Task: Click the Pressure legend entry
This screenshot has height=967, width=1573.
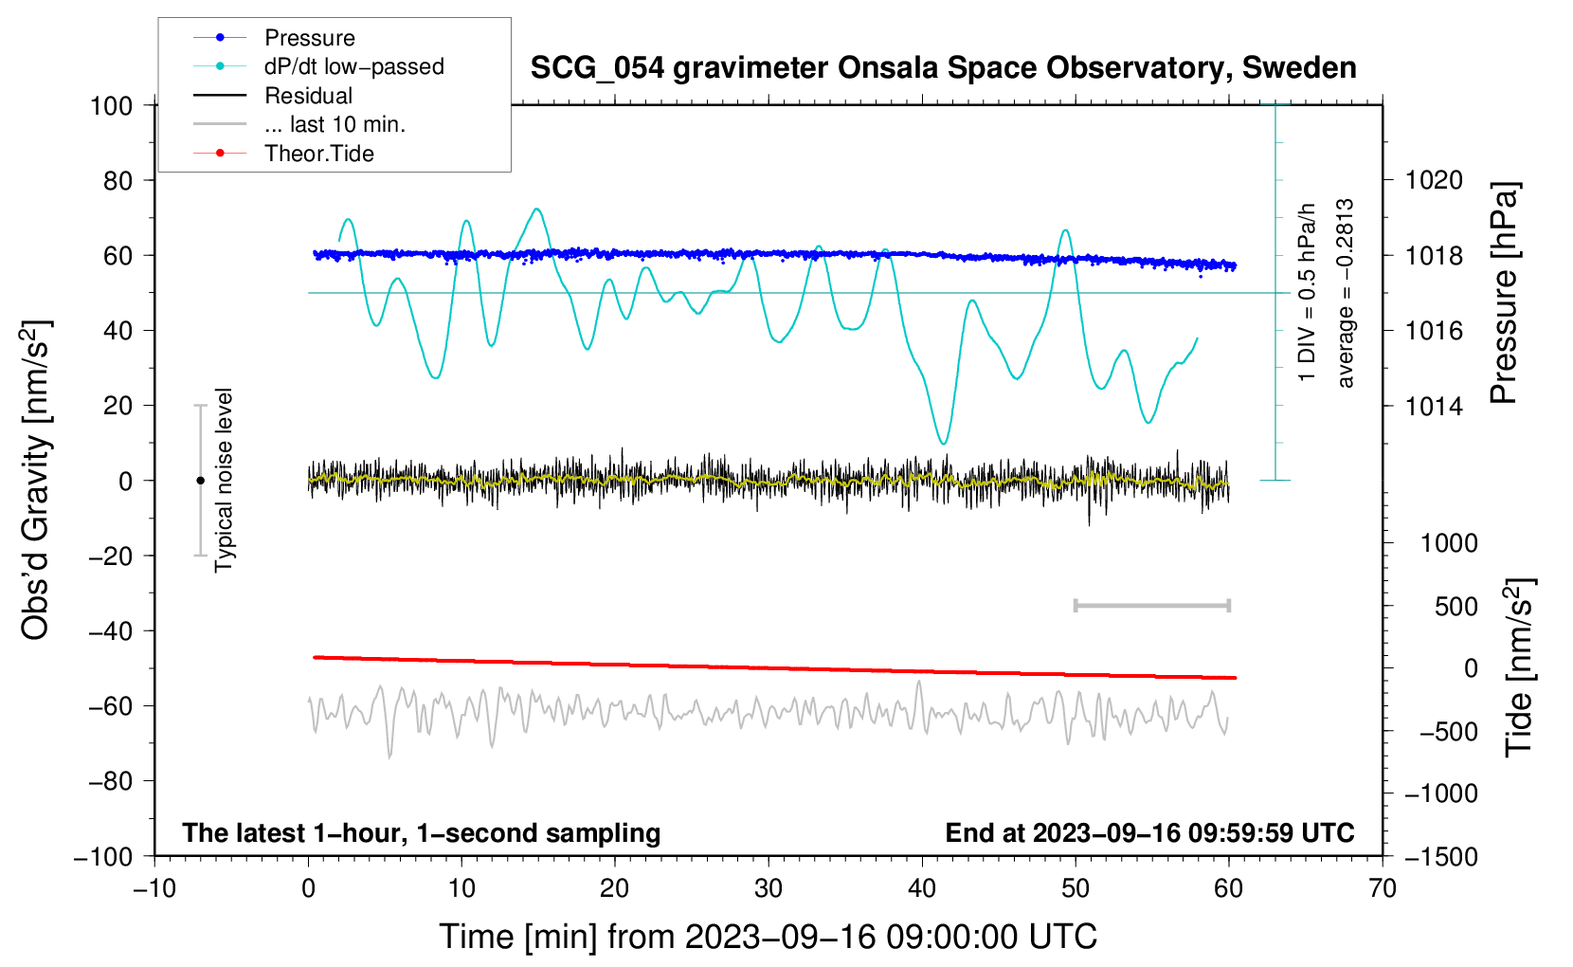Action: [x=309, y=38]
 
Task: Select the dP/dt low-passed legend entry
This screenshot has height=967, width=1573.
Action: [x=353, y=66]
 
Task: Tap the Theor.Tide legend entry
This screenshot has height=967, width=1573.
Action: [x=318, y=154]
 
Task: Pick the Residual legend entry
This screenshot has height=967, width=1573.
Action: [x=308, y=96]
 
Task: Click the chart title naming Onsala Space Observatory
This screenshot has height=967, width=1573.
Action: [x=943, y=68]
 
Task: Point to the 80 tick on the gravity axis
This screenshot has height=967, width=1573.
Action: [x=118, y=180]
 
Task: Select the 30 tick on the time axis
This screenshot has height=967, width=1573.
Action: [x=768, y=888]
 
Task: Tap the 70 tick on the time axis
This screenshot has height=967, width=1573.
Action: [x=1383, y=888]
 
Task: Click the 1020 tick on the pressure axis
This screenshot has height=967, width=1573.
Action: [x=1434, y=180]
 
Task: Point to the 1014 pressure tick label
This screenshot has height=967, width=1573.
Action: [x=1434, y=407]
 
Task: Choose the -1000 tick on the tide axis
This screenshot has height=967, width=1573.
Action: [x=1441, y=794]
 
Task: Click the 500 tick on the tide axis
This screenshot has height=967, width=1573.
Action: [x=1455, y=607]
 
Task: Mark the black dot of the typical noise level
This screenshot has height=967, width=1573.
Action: [x=200, y=481]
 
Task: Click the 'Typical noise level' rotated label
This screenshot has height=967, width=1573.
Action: [x=224, y=480]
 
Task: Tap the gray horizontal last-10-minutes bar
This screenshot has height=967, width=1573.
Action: [x=1151, y=606]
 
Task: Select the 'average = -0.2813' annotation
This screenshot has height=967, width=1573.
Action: [x=1346, y=294]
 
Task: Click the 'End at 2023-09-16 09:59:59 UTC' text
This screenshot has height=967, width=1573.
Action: [x=1149, y=833]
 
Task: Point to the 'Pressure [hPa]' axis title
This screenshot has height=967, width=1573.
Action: [x=1504, y=294]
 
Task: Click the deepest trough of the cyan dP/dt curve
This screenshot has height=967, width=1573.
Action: [x=943, y=443]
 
